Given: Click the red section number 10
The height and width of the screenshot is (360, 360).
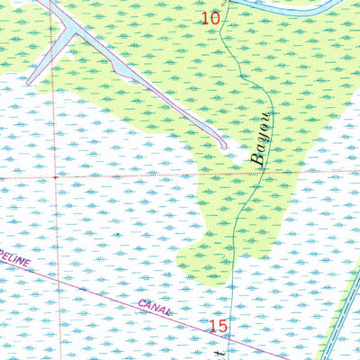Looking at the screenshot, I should (211, 17).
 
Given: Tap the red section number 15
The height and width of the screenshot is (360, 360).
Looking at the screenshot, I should (219, 326).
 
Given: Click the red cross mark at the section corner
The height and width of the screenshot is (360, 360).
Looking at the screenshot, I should (56, 177).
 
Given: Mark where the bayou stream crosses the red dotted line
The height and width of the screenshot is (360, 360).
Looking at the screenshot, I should (244, 173).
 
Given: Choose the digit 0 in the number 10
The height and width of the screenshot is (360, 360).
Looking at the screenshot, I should (215, 17).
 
